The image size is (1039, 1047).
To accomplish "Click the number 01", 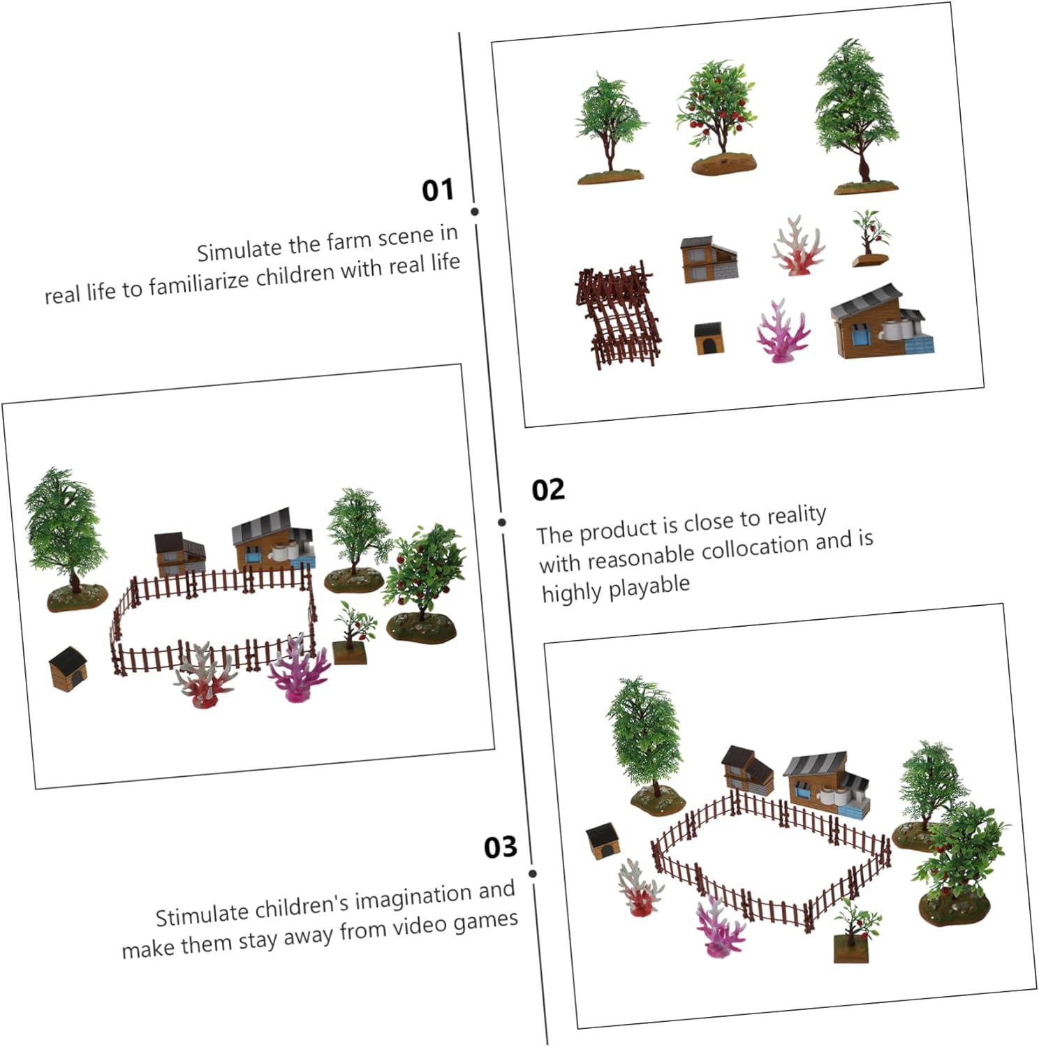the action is pos(438,190).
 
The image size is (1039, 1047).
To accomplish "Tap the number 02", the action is pos(548,489).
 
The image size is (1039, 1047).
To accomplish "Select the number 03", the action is pos(501,847).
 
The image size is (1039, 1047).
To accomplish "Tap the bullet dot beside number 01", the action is pos(475,211).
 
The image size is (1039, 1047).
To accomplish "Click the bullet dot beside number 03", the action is pos(533,874).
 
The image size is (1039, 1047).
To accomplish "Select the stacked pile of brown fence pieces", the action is pos(617,314).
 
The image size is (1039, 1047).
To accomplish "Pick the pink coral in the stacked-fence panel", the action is pos(782,332).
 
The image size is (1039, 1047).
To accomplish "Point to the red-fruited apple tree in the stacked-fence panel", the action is pos(719,117).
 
